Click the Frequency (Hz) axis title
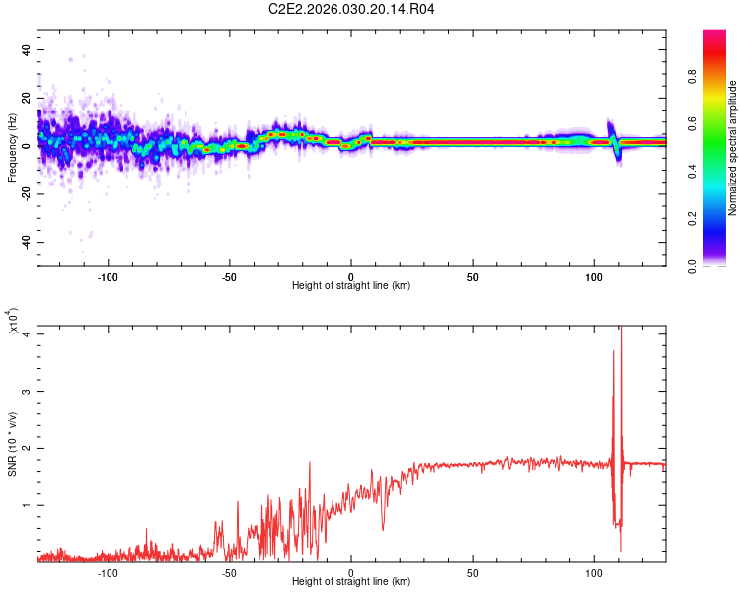[12, 148]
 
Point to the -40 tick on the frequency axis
[25, 242]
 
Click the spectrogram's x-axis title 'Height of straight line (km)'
[351, 286]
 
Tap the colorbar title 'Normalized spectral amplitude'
[733, 148]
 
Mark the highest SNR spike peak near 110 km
[621, 329]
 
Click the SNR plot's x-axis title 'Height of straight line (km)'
[351, 582]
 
